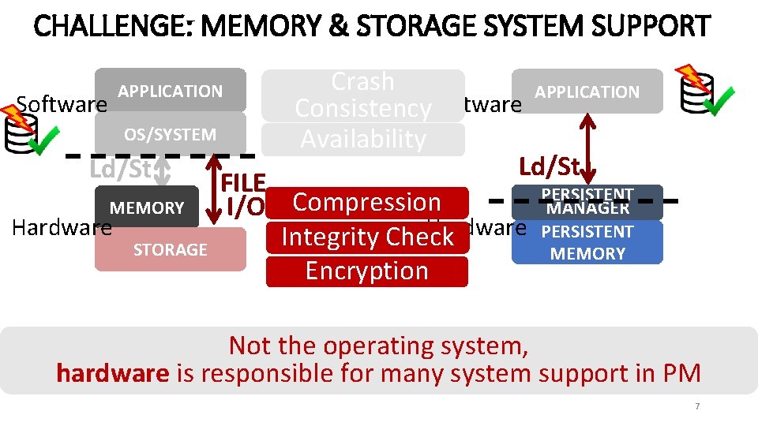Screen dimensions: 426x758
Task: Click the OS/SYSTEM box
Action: [x=170, y=134]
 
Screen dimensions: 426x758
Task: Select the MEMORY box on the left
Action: [x=146, y=208]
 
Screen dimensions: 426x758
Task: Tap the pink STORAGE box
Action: [x=170, y=249]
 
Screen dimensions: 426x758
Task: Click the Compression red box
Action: [x=367, y=202]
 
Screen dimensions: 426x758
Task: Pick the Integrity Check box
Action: [x=367, y=237]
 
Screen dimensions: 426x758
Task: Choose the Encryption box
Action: [x=367, y=271]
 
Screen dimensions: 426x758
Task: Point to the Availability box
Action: [x=363, y=139]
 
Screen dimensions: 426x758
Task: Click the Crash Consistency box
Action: [x=363, y=95]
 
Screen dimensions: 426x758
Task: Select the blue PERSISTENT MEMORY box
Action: [x=587, y=242]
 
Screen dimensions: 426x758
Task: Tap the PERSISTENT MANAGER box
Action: [x=587, y=202]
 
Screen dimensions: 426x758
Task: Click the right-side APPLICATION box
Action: [x=587, y=92]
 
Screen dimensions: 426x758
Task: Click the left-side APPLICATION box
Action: [x=170, y=91]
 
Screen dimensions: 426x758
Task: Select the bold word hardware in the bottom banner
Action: [x=112, y=373]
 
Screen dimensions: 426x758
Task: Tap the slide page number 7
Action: [x=697, y=406]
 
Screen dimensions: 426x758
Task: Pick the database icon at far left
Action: [x=19, y=132]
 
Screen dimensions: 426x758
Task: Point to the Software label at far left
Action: [x=62, y=104]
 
